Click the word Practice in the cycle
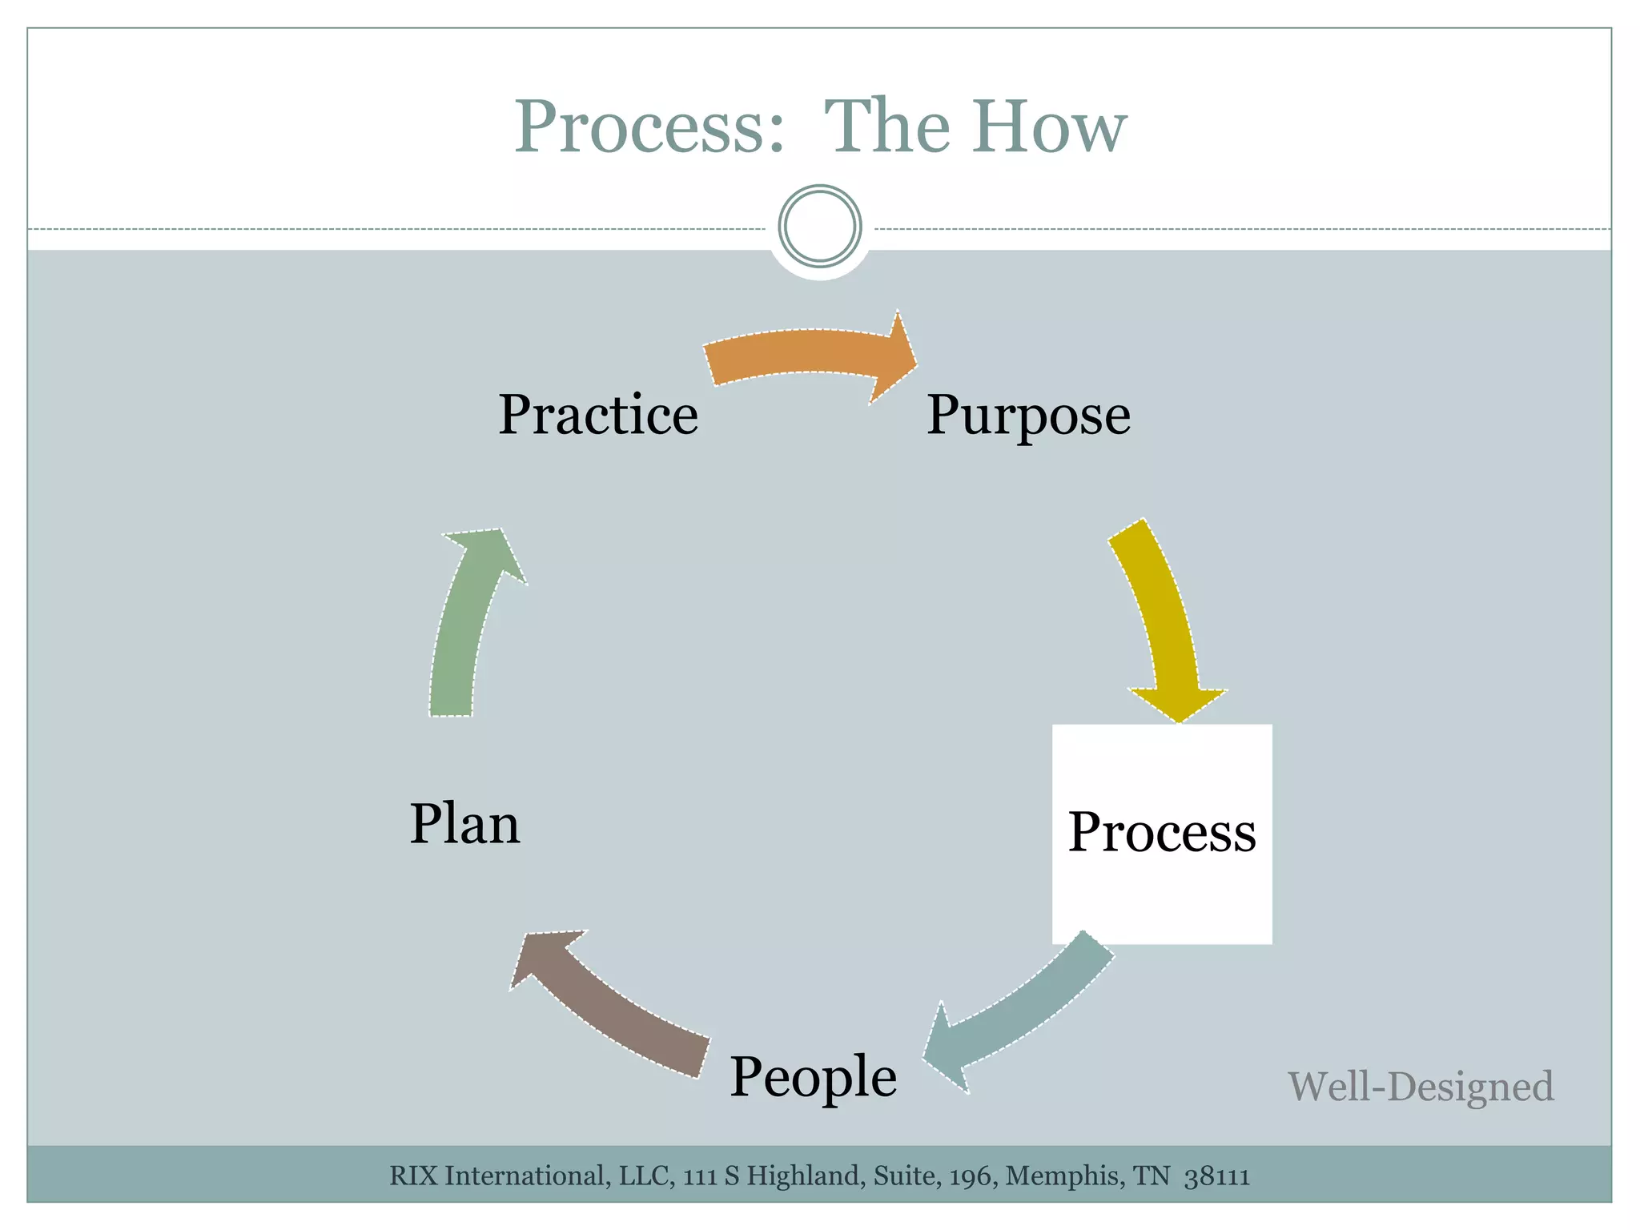click(598, 415)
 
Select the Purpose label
click(1028, 415)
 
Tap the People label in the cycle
click(813, 1076)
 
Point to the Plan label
click(464, 824)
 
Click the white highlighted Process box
click(1162, 834)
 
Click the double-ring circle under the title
click(820, 226)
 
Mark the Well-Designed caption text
click(1421, 1087)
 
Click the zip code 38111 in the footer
click(1217, 1176)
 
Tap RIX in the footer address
click(414, 1176)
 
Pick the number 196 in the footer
click(972, 1176)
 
